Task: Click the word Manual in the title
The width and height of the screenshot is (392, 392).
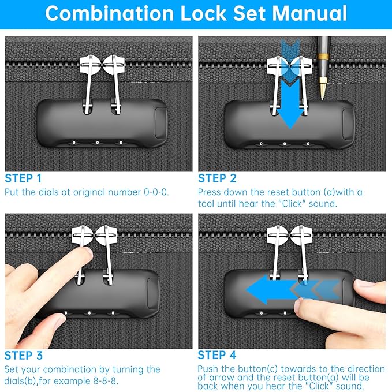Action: click(x=309, y=13)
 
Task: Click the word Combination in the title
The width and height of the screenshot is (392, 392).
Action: click(x=110, y=13)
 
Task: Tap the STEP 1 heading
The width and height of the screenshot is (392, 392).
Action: click(x=23, y=178)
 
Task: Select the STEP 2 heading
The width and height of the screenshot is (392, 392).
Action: click(x=217, y=178)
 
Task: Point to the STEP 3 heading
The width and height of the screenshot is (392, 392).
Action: click(x=24, y=356)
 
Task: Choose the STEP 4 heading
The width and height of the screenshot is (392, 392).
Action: click(x=216, y=355)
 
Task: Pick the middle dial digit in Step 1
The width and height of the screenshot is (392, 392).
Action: click(x=97, y=143)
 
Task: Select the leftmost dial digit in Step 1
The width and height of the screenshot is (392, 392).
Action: click(x=74, y=143)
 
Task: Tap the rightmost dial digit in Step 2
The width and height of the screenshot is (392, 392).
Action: click(x=308, y=144)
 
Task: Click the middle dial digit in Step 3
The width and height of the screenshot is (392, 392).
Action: click(x=89, y=313)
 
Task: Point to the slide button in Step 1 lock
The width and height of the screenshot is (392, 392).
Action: click(x=160, y=123)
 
